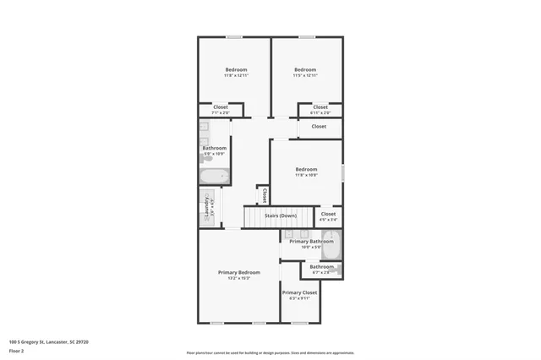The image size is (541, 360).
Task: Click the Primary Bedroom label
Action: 238,272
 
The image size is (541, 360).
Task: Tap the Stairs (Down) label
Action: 280,215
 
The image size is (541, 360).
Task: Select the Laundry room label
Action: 205,206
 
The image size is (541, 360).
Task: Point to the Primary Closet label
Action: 299,292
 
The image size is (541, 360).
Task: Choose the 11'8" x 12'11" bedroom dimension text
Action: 236,76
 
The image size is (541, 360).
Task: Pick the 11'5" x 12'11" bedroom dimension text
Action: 305,76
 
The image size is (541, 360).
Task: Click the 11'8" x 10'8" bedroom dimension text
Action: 306,175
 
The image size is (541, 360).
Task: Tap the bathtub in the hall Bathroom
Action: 215,177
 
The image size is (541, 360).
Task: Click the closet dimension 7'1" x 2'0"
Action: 221,112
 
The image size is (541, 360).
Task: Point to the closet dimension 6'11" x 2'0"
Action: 320,112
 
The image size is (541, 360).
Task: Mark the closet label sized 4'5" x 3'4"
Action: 328,215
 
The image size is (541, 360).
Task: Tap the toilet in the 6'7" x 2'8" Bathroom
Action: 340,270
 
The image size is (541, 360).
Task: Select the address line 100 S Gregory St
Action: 48,341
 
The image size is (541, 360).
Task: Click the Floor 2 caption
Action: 16,350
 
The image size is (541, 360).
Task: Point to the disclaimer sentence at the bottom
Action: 270,352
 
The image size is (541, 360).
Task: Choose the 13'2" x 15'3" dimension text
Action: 238,278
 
